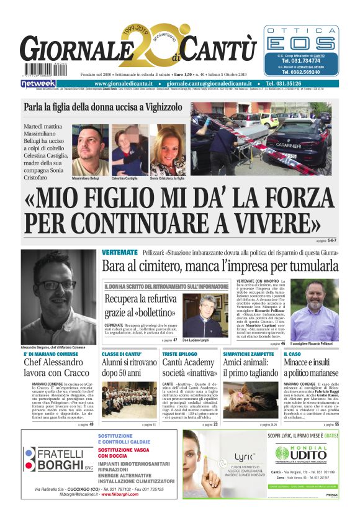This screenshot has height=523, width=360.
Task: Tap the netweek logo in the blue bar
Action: coord(39,83)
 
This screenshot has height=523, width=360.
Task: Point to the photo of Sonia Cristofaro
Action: coord(168,150)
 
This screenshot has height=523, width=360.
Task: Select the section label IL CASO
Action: coord(293,353)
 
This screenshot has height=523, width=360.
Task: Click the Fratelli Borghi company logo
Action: coord(52,460)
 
